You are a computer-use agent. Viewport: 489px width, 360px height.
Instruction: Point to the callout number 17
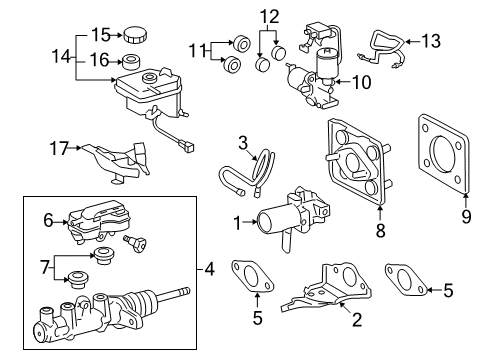[x=58, y=149]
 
